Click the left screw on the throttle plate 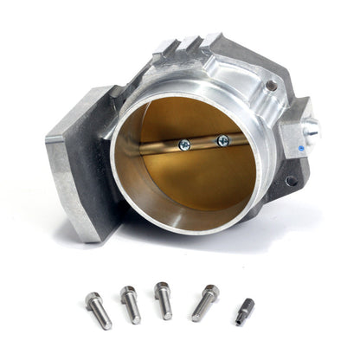coord(184,145)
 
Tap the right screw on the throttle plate coord(222,140)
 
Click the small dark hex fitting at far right coord(245,312)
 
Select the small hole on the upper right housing coord(272,85)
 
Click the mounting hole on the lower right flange coord(290,181)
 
